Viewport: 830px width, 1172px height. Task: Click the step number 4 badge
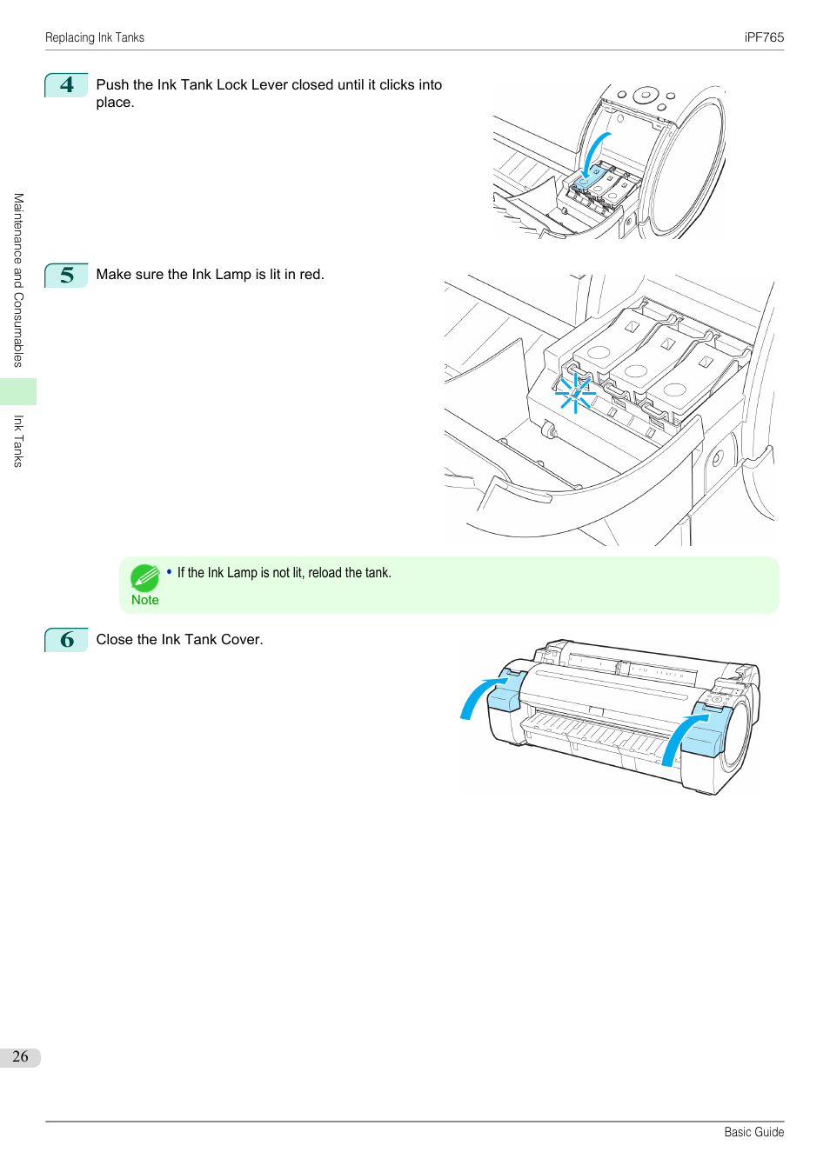pyautogui.click(x=67, y=85)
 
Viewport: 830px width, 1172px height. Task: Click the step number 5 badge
pyautogui.click(x=67, y=276)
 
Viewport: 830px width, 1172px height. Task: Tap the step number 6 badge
pyautogui.click(x=67, y=640)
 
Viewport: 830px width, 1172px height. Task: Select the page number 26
pyautogui.click(x=20, y=1056)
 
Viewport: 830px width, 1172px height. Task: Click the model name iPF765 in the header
pyautogui.click(x=764, y=37)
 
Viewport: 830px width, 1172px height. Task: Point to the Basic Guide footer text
pyautogui.click(x=753, y=1132)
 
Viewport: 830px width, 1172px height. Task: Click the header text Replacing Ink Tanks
pyautogui.click(x=95, y=37)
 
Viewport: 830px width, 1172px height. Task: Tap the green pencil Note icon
pyautogui.click(x=144, y=577)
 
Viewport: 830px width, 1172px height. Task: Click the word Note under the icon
pyautogui.click(x=145, y=600)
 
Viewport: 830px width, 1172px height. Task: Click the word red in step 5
pyautogui.click(x=310, y=275)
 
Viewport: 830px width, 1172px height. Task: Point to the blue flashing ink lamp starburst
pyautogui.click(x=575, y=393)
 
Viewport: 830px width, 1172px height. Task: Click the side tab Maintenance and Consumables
pyautogui.click(x=18, y=280)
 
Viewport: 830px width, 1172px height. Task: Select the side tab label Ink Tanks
pyautogui.click(x=18, y=441)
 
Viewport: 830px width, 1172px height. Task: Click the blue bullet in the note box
pyautogui.click(x=170, y=571)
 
